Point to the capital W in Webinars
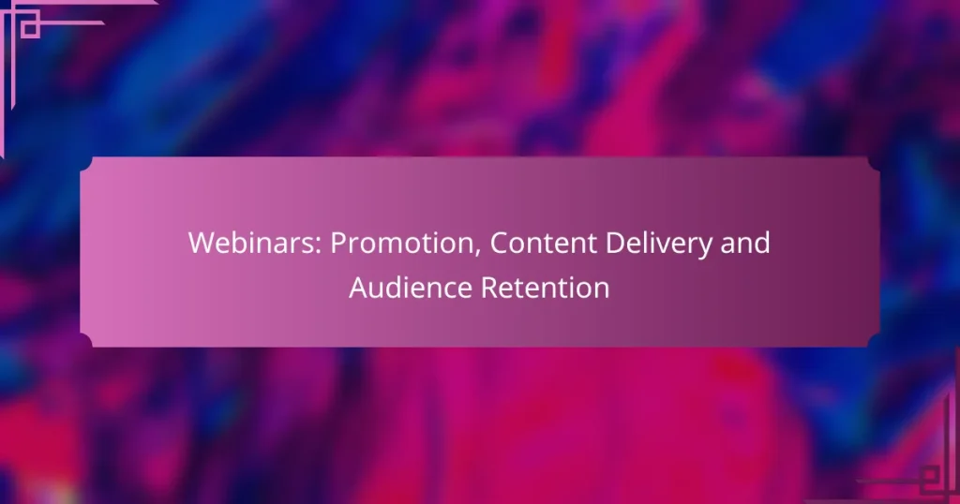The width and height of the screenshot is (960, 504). (201, 243)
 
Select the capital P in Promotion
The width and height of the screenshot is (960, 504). (338, 243)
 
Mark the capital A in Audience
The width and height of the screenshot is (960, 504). (359, 288)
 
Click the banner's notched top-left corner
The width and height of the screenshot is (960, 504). (86, 164)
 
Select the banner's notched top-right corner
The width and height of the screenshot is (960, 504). (873, 164)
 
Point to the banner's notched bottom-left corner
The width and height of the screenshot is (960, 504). (86, 340)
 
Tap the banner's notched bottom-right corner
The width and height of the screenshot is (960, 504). (873, 340)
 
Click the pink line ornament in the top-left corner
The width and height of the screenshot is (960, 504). (28, 23)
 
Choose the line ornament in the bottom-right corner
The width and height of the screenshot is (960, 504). (928, 478)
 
